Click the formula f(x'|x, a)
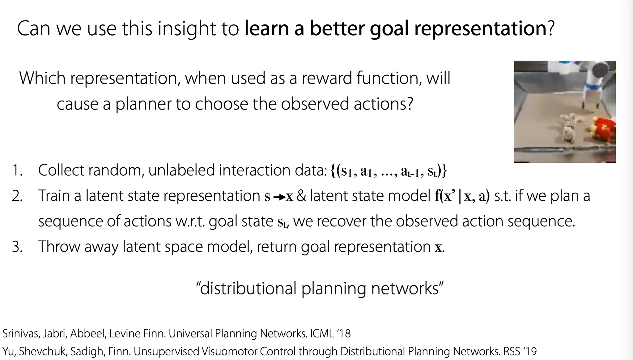pos(462,196)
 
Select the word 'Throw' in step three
pos(59,247)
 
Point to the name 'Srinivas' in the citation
pos(20,333)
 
